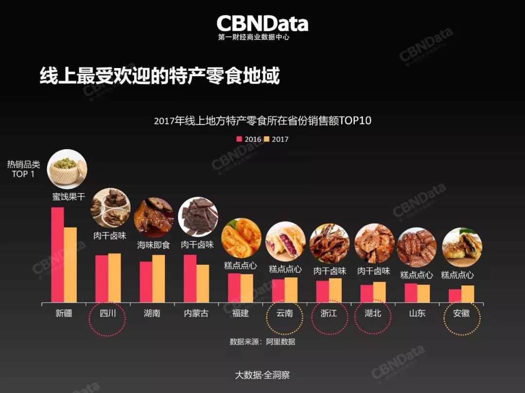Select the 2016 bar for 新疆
57,255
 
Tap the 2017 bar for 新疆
70,265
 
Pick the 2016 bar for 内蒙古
190,278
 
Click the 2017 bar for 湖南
158,278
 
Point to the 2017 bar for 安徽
468,294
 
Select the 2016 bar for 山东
411,293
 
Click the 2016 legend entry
249,139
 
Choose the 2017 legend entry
276,139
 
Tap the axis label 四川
108,313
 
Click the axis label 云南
284,313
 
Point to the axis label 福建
240,313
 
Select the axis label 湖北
373,313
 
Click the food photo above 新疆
67,169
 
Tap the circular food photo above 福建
241,238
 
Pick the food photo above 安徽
462,247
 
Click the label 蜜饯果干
69,197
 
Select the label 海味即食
154,245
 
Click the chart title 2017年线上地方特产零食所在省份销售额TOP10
262,120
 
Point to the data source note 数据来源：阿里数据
262,342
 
